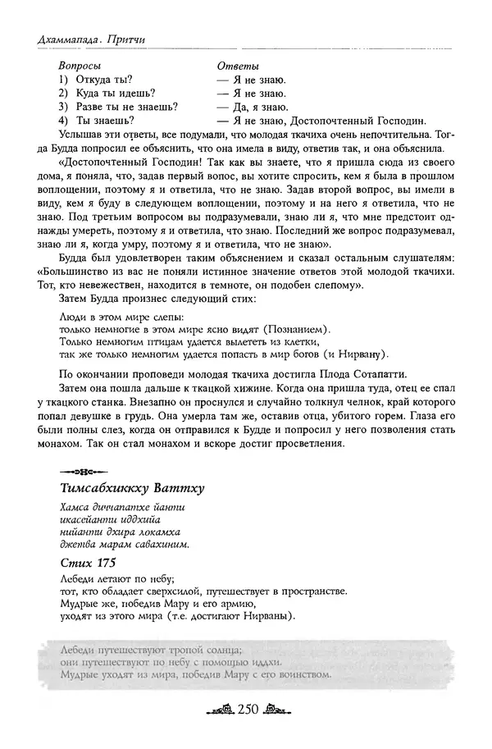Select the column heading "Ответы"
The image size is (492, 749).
click(237, 65)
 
